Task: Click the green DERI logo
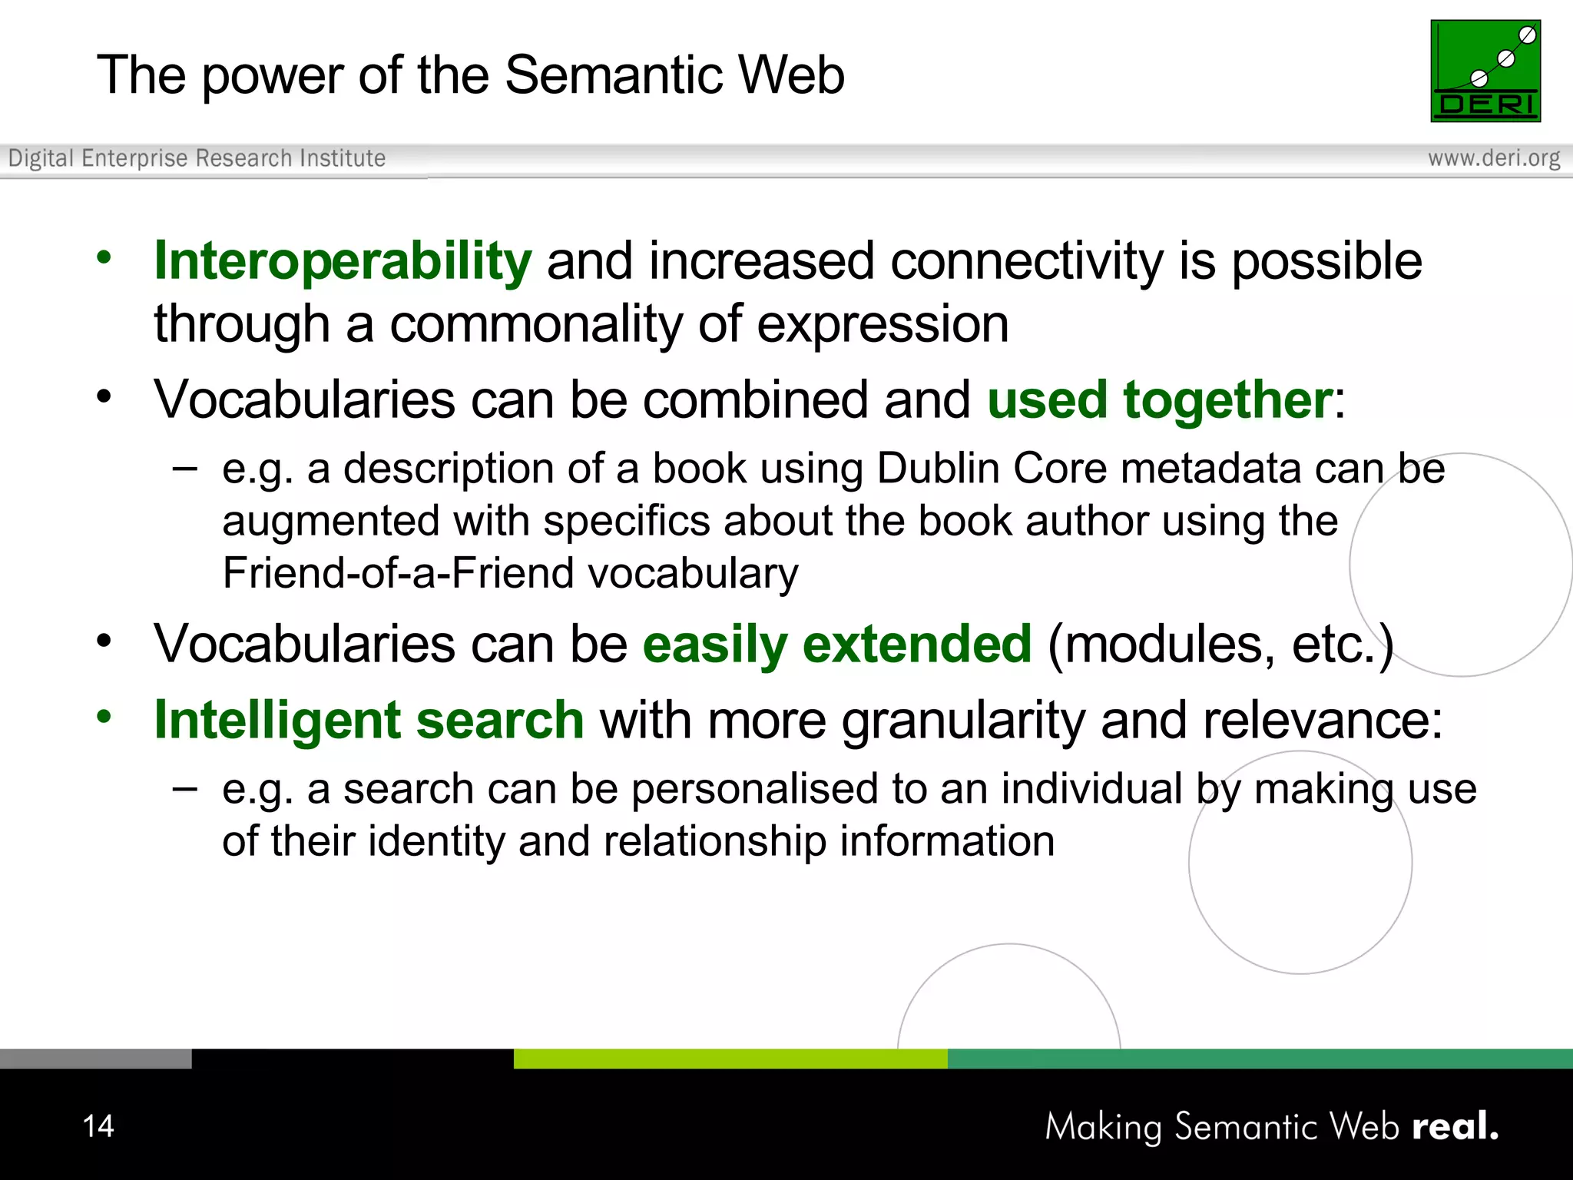click(x=1485, y=71)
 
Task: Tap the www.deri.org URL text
click(x=1493, y=158)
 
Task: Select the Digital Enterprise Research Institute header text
click(x=197, y=158)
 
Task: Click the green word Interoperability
click(x=343, y=261)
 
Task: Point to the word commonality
click(x=535, y=324)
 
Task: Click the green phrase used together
click(x=1160, y=400)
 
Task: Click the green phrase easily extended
click(x=836, y=644)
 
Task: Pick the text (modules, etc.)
click(x=1220, y=644)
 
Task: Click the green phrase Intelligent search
click(x=369, y=721)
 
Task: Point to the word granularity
click(x=963, y=721)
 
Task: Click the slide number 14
click(x=98, y=1126)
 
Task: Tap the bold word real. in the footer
click(x=1455, y=1126)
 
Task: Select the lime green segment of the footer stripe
click(x=730, y=1059)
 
